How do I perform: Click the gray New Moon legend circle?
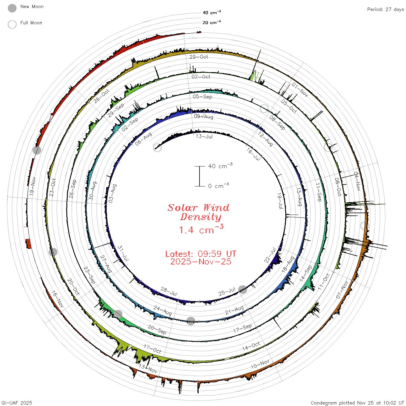[12, 8]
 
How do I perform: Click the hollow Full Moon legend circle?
[12, 24]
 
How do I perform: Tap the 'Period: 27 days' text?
[385, 10]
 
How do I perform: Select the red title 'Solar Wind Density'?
[198, 212]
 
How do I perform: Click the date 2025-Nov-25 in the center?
[201, 262]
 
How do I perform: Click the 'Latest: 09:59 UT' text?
[201, 254]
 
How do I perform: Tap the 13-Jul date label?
[204, 136]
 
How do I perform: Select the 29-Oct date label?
[199, 57]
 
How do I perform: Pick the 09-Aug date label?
[204, 117]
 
